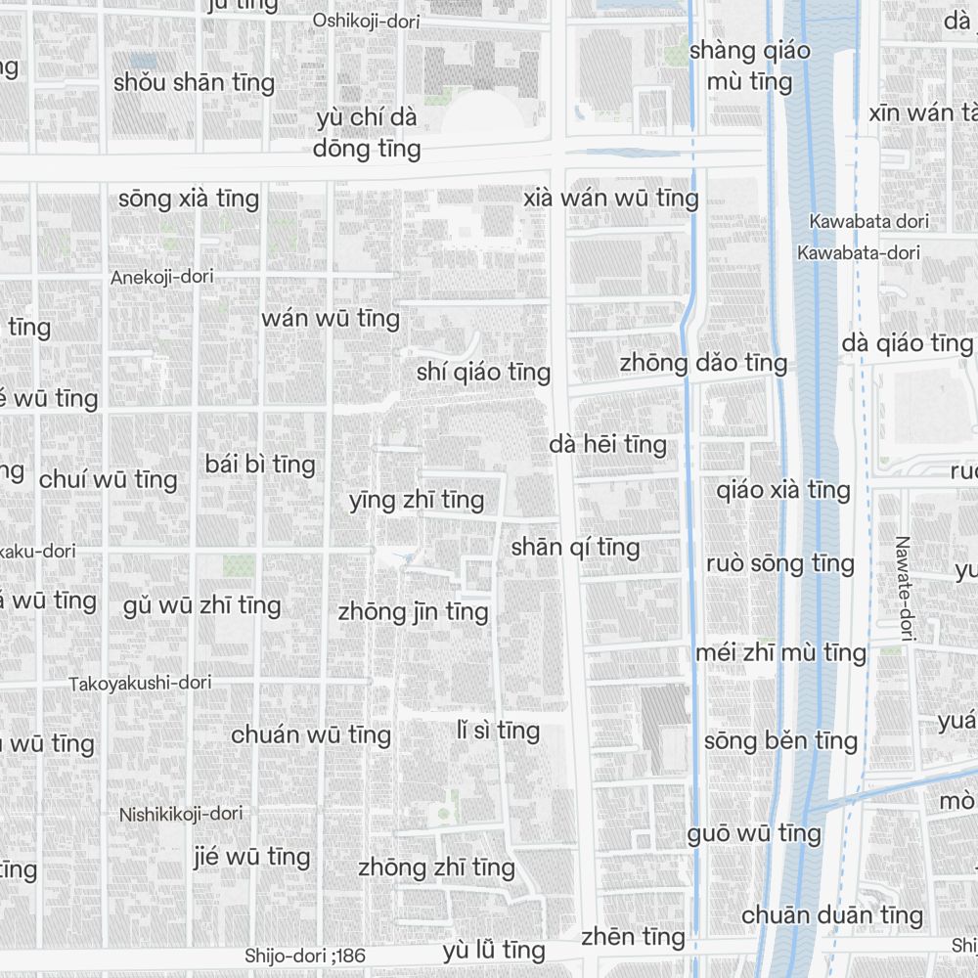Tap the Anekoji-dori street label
[x=161, y=277]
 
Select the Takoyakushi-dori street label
[x=140, y=684]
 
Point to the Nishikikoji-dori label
[x=181, y=814]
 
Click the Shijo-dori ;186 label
[x=305, y=955]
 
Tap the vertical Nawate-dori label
[x=903, y=589]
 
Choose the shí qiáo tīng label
[x=483, y=373]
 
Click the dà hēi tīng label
[x=607, y=445]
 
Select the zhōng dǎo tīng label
[x=703, y=363]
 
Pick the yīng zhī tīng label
[x=417, y=501]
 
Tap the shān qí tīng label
[x=575, y=548]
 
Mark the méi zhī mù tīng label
[x=780, y=652]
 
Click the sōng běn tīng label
[x=780, y=740]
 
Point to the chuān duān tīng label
[x=832, y=915]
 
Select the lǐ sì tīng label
[x=498, y=731]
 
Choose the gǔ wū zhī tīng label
[x=202, y=606]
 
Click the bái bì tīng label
[x=260, y=464]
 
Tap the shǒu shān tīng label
[x=194, y=82]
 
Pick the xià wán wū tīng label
[x=611, y=199]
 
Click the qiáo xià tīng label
[x=783, y=489]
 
